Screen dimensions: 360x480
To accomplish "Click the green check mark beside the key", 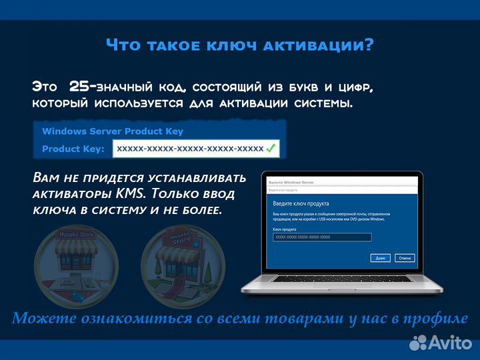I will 271,148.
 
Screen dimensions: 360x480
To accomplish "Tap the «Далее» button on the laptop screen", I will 379,257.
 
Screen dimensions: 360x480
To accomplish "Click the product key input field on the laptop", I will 322,237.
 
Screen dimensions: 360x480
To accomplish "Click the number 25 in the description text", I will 84,87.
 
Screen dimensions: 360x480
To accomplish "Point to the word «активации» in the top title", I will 311,45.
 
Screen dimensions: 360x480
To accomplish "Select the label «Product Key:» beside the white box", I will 73,149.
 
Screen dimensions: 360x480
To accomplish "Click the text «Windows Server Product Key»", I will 113,131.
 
